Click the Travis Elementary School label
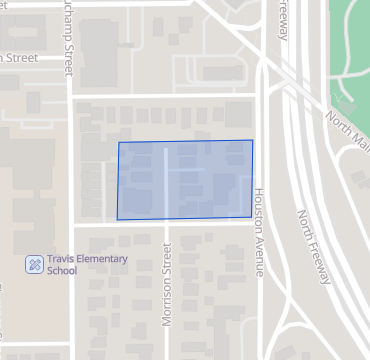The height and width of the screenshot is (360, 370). (88, 265)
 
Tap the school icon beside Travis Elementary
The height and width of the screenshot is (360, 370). (34, 265)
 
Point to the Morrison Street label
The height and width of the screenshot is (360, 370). (168, 289)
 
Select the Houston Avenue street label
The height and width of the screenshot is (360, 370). (258, 232)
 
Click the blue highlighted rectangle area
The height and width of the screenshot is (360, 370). (185, 180)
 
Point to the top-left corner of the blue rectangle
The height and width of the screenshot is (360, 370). (119, 143)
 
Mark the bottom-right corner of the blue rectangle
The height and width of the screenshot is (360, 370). (252, 217)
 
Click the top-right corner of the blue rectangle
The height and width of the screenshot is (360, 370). (252, 141)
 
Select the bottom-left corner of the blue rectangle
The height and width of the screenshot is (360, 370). (117, 219)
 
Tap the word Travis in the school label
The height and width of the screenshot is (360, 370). (62, 259)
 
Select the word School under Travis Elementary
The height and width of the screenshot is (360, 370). (63, 271)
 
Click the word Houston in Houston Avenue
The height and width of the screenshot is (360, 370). (258, 210)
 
